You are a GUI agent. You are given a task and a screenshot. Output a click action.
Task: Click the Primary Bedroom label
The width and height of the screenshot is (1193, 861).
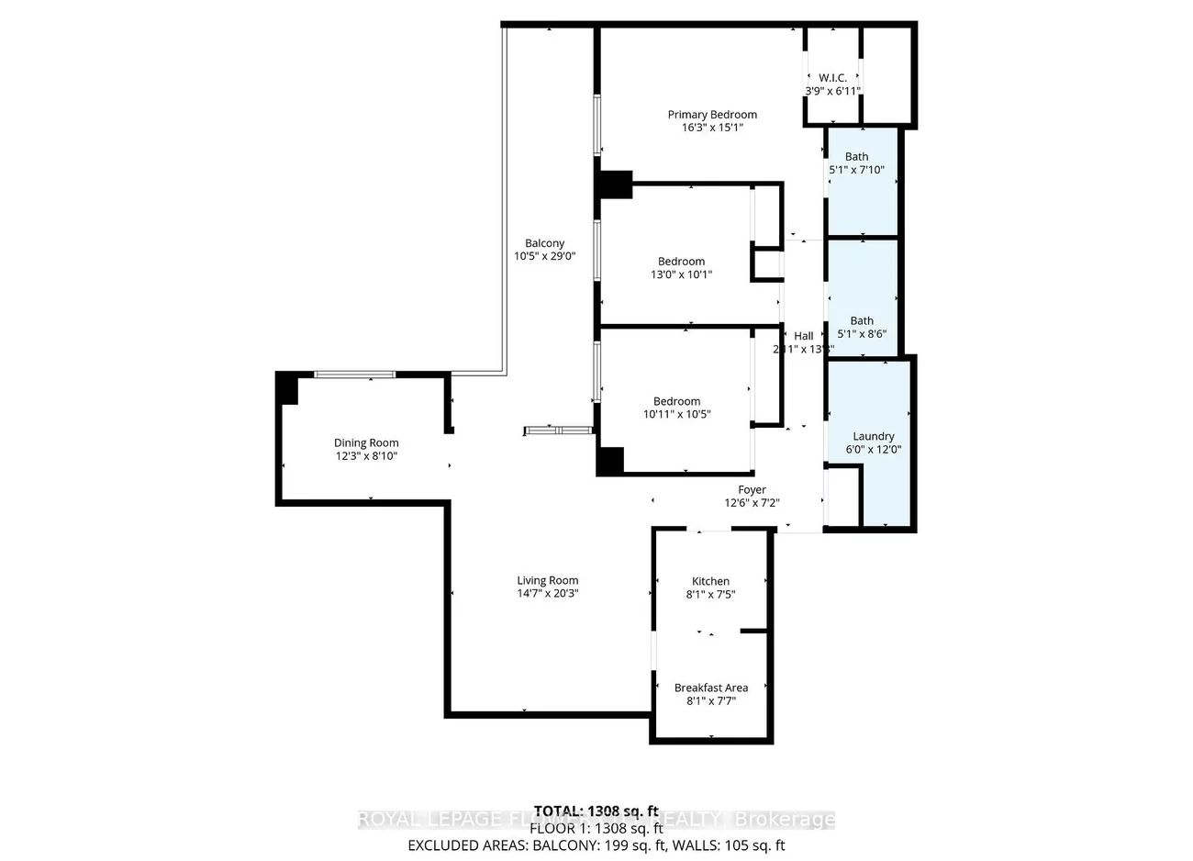[x=712, y=115]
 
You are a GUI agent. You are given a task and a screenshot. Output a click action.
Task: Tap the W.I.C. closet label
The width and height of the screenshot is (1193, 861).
[x=832, y=78]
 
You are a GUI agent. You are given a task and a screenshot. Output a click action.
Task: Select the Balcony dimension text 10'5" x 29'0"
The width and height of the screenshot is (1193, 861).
[x=544, y=257]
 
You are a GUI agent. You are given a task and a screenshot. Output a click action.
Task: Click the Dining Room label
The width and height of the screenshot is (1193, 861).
[x=366, y=443]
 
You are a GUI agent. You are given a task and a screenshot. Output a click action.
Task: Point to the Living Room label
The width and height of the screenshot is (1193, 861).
[x=547, y=580]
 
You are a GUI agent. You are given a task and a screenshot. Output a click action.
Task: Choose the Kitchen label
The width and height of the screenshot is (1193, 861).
[x=710, y=581]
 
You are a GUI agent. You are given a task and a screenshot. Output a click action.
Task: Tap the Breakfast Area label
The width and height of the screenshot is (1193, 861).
[x=710, y=688]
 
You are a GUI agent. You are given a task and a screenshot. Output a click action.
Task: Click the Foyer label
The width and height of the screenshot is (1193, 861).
[x=752, y=490]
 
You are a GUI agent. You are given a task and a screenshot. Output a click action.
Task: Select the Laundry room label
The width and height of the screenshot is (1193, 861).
[x=873, y=436]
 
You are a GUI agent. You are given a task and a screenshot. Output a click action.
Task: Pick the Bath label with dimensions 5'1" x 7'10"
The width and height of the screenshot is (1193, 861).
[x=856, y=157]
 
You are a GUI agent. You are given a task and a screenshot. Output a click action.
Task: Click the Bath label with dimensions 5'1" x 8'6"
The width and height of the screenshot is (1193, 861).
[x=861, y=321]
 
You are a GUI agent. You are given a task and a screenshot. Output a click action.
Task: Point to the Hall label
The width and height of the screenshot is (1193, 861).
[x=803, y=336]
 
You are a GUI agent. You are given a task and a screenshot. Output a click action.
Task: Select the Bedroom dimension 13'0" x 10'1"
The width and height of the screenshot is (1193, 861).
[x=681, y=274]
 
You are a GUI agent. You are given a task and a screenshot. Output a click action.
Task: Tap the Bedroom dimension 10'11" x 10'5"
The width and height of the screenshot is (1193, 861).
[x=676, y=414]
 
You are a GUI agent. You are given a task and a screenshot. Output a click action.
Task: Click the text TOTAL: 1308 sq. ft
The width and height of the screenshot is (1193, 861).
[x=596, y=811]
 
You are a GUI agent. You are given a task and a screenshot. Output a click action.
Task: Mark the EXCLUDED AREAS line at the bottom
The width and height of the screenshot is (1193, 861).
[x=596, y=845]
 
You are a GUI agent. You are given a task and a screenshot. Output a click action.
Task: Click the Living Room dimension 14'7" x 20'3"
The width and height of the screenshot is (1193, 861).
[x=547, y=593]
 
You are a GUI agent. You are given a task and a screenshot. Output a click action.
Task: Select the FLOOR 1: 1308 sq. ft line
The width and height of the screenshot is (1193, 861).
[x=596, y=828]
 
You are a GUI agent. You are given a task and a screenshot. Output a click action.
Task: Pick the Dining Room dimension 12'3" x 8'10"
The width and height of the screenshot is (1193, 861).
[x=366, y=456]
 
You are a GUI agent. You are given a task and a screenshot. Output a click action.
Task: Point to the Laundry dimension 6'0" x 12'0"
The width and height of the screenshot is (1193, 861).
[x=873, y=450]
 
